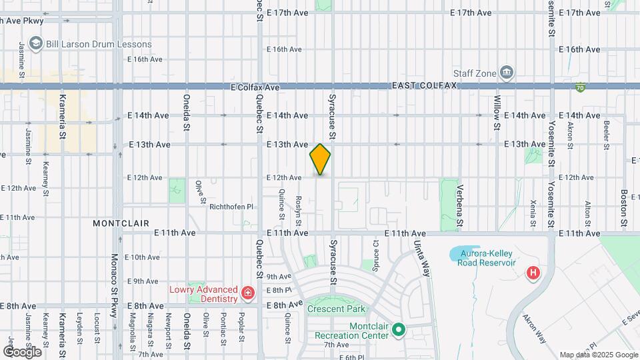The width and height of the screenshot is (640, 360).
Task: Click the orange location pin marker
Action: (320, 159)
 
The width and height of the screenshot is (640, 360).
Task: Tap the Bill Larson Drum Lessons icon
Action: (35, 44)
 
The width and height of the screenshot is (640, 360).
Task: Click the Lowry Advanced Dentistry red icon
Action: (247, 292)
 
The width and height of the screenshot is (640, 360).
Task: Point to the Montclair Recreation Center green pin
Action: (399, 329)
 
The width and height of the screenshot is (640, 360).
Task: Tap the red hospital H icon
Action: (533, 273)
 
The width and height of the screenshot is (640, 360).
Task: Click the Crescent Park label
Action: (337, 309)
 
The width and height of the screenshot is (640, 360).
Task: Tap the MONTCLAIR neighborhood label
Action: (121, 223)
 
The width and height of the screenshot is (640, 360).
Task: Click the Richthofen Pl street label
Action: (231, 207)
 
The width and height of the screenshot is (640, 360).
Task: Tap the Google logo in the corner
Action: (22, 351)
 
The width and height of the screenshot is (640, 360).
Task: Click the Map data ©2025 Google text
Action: (598, 355)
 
